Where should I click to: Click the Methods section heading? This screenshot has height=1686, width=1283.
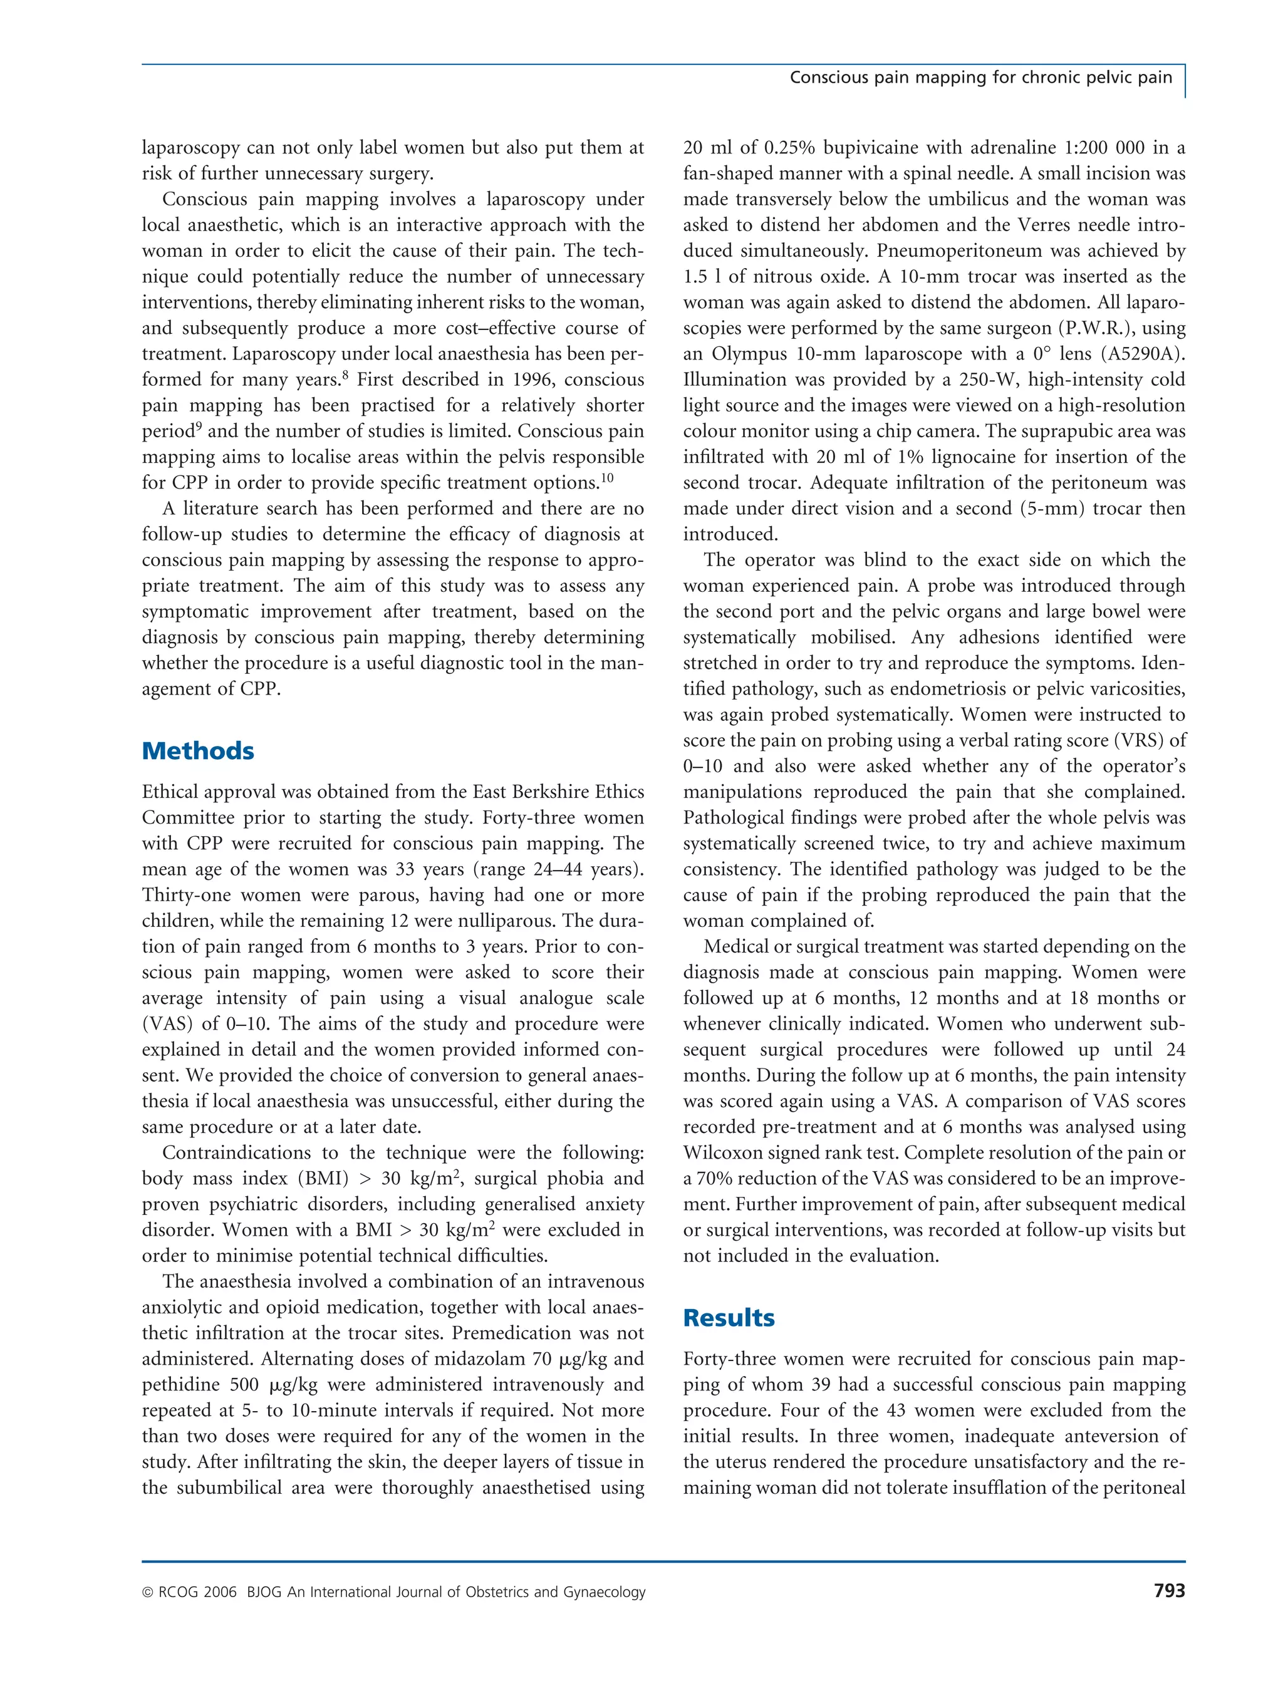(x=198, y=750)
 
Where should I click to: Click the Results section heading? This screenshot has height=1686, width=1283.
(x=729, y=1317)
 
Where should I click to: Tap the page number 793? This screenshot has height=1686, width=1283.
(x=1169, y=1591)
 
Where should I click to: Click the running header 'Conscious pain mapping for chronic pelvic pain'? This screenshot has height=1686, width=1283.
(x=980, y=77)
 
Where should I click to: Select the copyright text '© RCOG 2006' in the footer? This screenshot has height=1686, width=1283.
(x=189, y=1592)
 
